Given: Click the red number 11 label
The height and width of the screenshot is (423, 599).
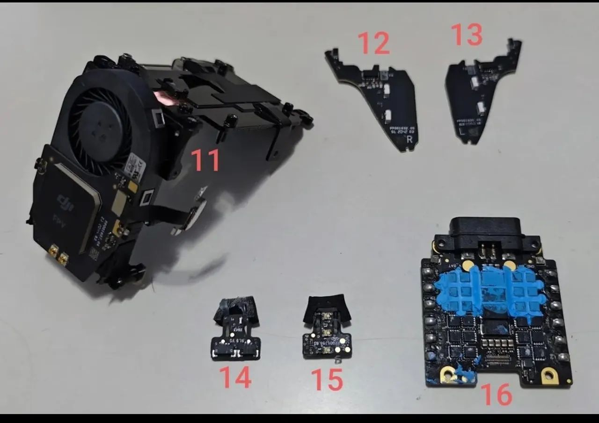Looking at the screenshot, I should (205, 160).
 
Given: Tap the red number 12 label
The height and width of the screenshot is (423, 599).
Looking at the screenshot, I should (374, 43).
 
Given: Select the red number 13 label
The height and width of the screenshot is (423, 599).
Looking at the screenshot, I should (466, 35).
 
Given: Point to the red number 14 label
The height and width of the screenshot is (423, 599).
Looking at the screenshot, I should (236, 378).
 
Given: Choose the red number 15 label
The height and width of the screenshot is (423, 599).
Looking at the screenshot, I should (327, 380).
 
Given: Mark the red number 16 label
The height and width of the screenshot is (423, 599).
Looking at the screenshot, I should (497, 394).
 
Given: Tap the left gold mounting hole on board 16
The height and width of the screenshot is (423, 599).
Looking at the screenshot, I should (447, 374).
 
